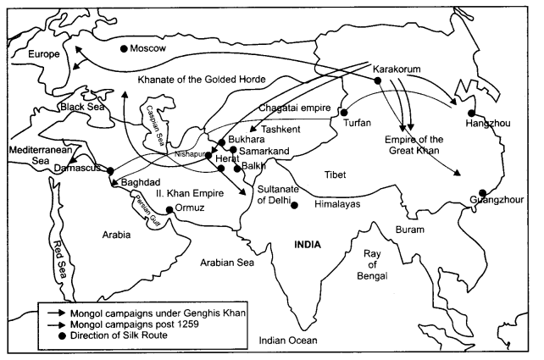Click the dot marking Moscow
(125, 48)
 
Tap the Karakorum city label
(397, 68)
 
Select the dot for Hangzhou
(471, 112)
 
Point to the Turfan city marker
(345, 111)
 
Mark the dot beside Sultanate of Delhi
(294, 204)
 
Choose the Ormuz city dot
(169, 209)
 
